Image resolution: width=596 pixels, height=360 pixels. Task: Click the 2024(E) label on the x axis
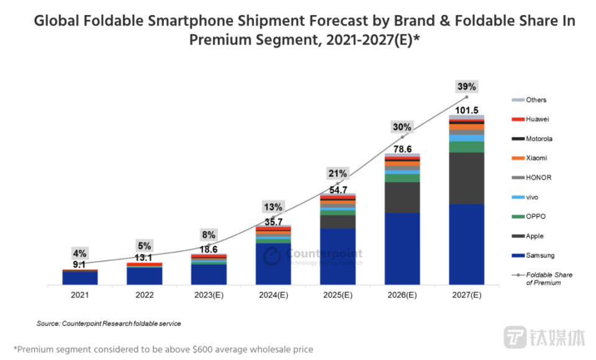click(273, 295)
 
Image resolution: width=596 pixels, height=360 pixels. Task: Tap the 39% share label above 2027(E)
click(467, 86)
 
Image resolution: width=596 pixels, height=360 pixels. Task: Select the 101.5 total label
click(466, 110)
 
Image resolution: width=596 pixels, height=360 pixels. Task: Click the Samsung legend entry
click(540, 256)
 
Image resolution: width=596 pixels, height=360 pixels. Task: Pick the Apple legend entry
click(536, 236)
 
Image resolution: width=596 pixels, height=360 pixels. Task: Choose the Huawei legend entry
click(537, 119)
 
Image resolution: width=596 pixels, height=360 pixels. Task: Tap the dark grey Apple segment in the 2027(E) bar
click(467, 178)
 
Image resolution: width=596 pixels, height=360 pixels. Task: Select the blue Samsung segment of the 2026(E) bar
click(402, 248)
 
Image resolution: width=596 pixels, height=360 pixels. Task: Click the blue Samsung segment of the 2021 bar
click(79, 278)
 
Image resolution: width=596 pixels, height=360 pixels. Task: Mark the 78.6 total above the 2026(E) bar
click(402, 149)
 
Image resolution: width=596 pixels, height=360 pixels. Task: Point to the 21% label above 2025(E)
click(338, 173)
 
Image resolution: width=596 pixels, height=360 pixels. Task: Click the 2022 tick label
click(145, 295)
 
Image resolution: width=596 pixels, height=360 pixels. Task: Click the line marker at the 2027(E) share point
click(467, 97)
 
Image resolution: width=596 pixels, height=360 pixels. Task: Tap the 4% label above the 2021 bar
click(79, 253)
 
